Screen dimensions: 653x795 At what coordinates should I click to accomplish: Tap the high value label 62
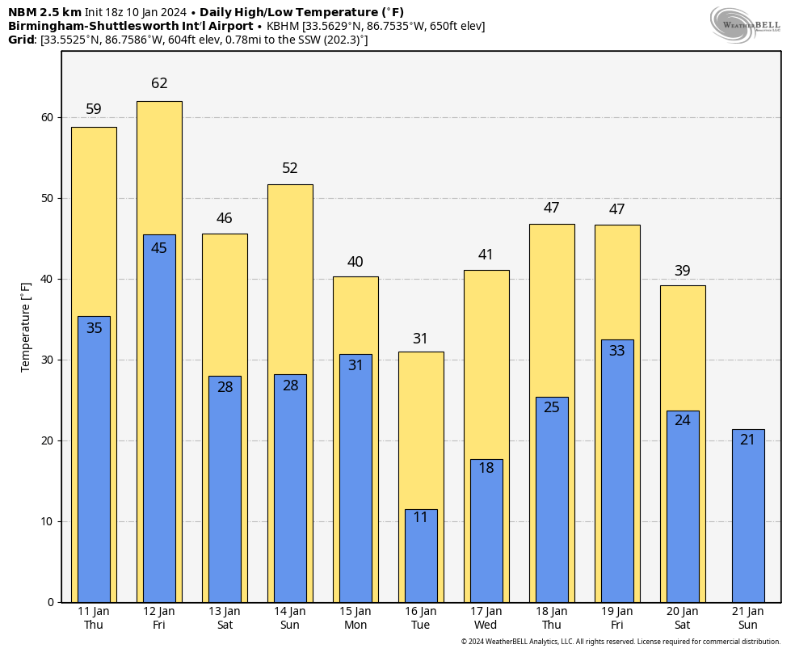[159, 83]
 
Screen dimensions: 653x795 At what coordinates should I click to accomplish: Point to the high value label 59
[94, 109]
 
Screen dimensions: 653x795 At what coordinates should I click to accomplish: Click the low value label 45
[159, 248]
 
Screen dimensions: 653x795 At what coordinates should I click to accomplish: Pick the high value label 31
[421, 339]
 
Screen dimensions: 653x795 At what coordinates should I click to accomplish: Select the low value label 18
[486, 468]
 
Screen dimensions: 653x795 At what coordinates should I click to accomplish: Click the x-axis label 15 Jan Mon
[355, 618]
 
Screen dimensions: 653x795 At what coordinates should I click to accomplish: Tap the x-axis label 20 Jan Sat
[683, 618]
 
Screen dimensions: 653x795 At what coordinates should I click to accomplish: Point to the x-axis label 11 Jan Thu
[94, 618]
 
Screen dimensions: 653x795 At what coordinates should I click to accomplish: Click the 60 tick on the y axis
[47, 117]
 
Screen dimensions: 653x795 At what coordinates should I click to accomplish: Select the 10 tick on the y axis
[47, 521]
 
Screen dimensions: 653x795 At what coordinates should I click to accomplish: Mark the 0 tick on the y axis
[50, 602]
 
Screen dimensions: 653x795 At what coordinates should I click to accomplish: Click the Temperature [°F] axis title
[26, 326]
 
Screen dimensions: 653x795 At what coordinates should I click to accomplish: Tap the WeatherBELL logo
[745, 24]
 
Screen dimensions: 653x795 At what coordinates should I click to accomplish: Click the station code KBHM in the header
[284, 26]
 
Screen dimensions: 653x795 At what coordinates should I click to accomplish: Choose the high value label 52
[290, 168]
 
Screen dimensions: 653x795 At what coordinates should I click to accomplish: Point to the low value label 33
[617, 351]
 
